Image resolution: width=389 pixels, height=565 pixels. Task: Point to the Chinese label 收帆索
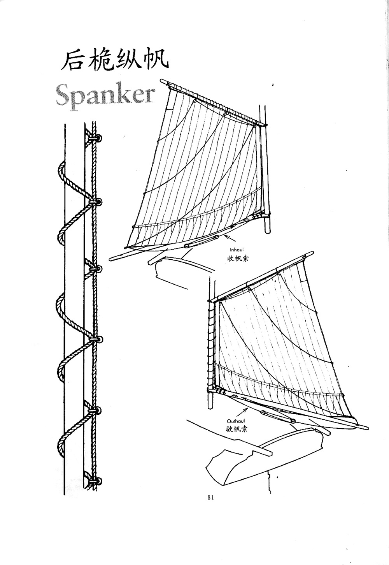coord(237,258)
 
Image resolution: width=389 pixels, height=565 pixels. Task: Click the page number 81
coord(211,497)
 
